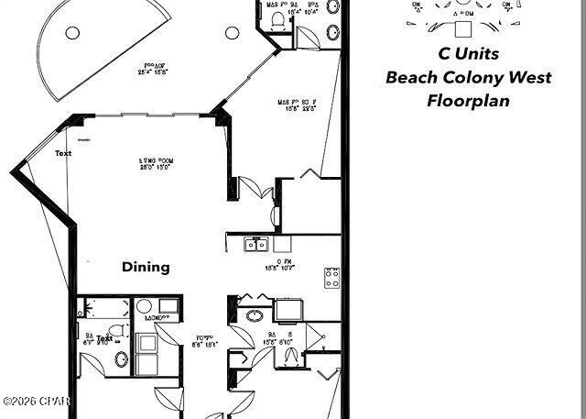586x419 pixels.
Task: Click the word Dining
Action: (146, 267)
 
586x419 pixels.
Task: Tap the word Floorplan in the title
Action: (468, 100)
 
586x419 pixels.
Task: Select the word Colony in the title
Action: (476, 77)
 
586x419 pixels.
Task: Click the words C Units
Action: (468, 54)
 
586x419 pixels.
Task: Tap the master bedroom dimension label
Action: (298, 105)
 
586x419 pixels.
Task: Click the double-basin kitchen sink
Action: (255, 244)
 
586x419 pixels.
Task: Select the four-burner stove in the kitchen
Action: (332, 277)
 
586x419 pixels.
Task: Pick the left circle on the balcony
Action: (72, 33)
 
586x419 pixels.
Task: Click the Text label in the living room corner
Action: (63, 153)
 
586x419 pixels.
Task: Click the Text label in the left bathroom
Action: (105, 338)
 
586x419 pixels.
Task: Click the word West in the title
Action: (530, 77)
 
